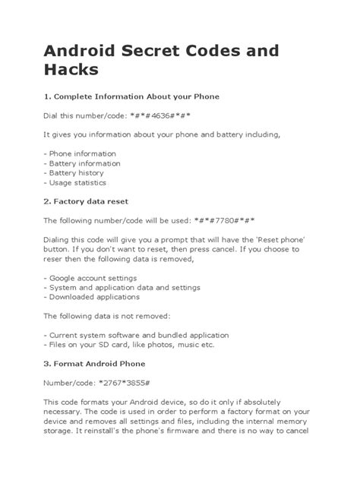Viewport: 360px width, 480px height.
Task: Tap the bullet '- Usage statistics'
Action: click(75, 182)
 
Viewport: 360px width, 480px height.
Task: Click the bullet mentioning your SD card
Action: click(129, 345)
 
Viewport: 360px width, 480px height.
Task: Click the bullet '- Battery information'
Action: click(82, 163)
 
